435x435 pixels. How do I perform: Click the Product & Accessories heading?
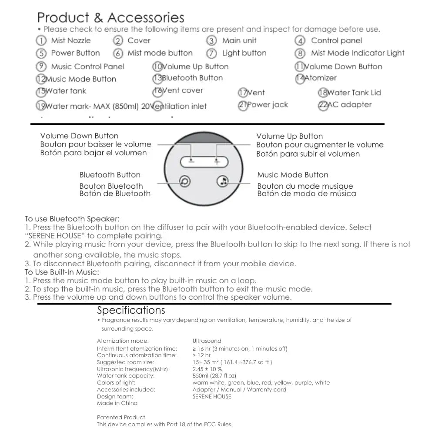tap(110, 18)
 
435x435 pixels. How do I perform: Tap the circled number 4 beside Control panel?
tap(300, 41)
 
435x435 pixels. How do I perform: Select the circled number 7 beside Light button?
tap(211, 54)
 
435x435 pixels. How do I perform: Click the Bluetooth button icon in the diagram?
tap(184, 181)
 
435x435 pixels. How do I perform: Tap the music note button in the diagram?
tap(223, 181)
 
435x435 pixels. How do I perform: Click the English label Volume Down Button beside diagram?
tap(79, 136)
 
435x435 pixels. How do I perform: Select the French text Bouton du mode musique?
tap(305, 186)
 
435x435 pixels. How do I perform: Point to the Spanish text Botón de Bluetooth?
tap(115, 194)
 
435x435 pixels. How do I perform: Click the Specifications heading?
tap(131, 310)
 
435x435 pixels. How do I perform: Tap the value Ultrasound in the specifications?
tap(207, 341)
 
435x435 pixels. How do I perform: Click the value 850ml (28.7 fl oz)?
tap(214, 376)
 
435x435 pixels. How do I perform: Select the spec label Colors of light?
tap(116, 383)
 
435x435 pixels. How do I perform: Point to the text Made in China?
tap(117, 403)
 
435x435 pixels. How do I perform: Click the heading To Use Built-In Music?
tap(62, 272)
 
